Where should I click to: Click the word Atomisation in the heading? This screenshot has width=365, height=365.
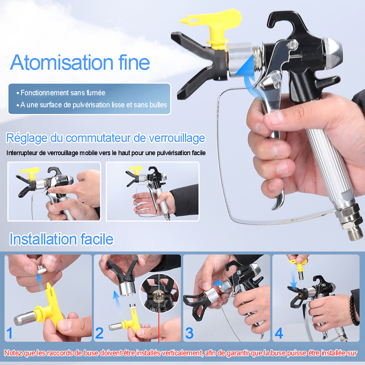(x=62, y=62)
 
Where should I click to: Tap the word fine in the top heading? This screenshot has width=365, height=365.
(x=134, y=62)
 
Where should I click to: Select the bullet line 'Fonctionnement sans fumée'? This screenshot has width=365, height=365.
(x=61, y=93)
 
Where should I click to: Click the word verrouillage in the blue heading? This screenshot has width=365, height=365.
(x=177, y=138)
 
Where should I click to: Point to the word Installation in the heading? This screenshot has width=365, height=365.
(x=43, y=239)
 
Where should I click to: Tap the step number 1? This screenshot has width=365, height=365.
(x=9, y=333)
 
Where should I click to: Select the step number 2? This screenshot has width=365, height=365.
(x=99, y=333)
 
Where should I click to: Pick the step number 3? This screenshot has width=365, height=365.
(x=189, y=333)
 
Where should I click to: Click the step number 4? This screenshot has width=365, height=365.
(x=279, y=333)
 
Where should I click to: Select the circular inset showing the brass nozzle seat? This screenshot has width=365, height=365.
(x=159, y=293)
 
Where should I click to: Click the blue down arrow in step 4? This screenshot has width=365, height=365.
(x=293, y=278)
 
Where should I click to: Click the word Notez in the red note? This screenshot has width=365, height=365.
(x=13, y=353)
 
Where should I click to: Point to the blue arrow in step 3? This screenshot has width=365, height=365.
(x=218, y=283)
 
